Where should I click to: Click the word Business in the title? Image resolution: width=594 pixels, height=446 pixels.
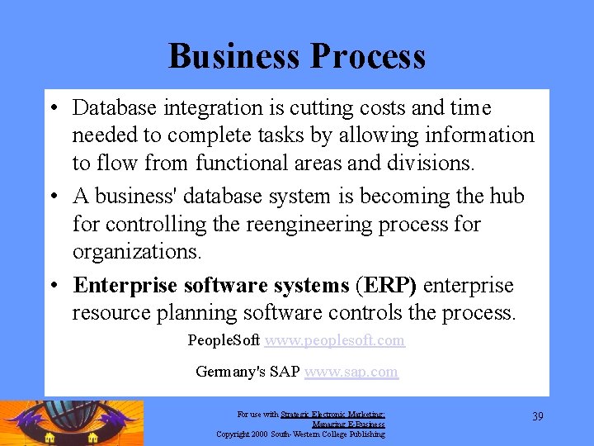234,56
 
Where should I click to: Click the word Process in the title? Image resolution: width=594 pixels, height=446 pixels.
368,56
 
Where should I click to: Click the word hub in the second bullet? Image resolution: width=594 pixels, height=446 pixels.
507,197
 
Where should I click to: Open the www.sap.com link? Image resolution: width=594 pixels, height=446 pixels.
351,372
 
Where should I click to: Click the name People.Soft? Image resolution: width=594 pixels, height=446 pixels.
224,340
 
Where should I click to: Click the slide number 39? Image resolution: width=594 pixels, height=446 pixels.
537,416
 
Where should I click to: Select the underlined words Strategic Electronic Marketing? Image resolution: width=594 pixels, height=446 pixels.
332,415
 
